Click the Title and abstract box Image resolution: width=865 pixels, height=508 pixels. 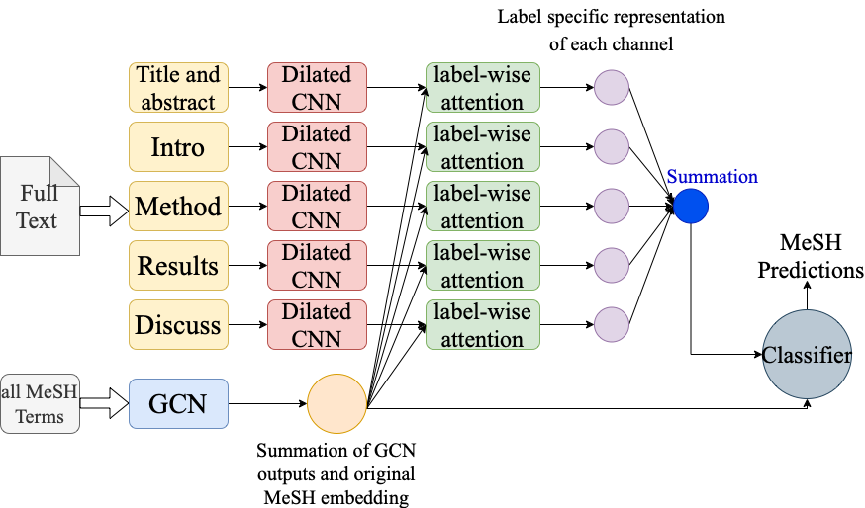coord(178,88)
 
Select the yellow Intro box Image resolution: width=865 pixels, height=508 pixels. coord(178,146)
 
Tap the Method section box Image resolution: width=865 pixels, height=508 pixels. coord(178,206)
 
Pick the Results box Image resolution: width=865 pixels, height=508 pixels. coord(178,265)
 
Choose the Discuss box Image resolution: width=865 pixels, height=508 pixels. coord(178,324)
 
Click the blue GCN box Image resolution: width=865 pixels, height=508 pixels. coord(178,404)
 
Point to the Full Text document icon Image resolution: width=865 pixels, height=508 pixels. coord(40,206)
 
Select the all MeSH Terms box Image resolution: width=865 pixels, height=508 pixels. coord(40,404)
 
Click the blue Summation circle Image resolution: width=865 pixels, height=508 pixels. coord(691,206)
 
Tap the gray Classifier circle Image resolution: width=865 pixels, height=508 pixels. coord(807,354)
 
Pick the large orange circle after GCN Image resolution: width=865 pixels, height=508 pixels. coord(337,404)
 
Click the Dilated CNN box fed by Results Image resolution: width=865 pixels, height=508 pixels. coord(318,265)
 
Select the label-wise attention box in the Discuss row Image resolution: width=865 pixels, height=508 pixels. coord(483,324)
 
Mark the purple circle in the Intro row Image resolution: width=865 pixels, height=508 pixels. coord(612,146)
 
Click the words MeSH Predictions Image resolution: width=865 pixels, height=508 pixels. coord(810,256)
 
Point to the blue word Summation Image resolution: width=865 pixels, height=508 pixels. coord(713,176)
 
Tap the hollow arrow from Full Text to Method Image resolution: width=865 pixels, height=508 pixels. coord(104,212)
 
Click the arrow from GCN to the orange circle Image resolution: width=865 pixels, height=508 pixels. coord(267,404)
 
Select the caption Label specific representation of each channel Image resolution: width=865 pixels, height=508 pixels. coord(612,31)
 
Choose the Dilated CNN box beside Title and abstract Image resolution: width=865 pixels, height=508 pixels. coord(318,88)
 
